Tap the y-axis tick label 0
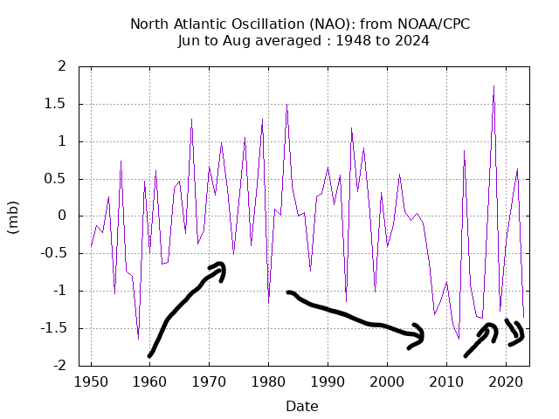pyautogui.click(x=63, y=216)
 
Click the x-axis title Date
pyautogui.click(x=301, y=406)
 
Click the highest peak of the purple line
pyautogui.click(x=493, y=86)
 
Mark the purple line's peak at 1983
pyautogui.click(x=286, y=105)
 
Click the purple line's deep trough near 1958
pyautogui.click(x=138, y=339)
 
